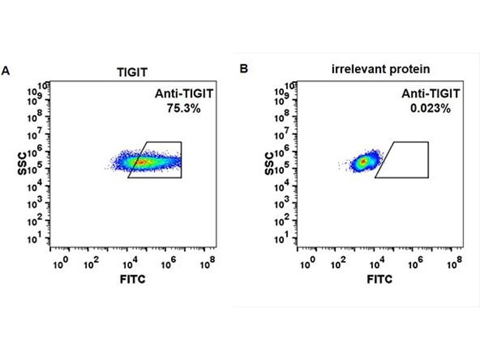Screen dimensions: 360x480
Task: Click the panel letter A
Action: coord(6,70)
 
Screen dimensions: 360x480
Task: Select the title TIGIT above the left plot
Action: coord(132,71)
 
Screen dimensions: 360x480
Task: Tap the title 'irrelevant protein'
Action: coord(380,69)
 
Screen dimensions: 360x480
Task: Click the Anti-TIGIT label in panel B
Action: coord(431,94)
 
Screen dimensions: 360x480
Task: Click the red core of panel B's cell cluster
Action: coord(362,161)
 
